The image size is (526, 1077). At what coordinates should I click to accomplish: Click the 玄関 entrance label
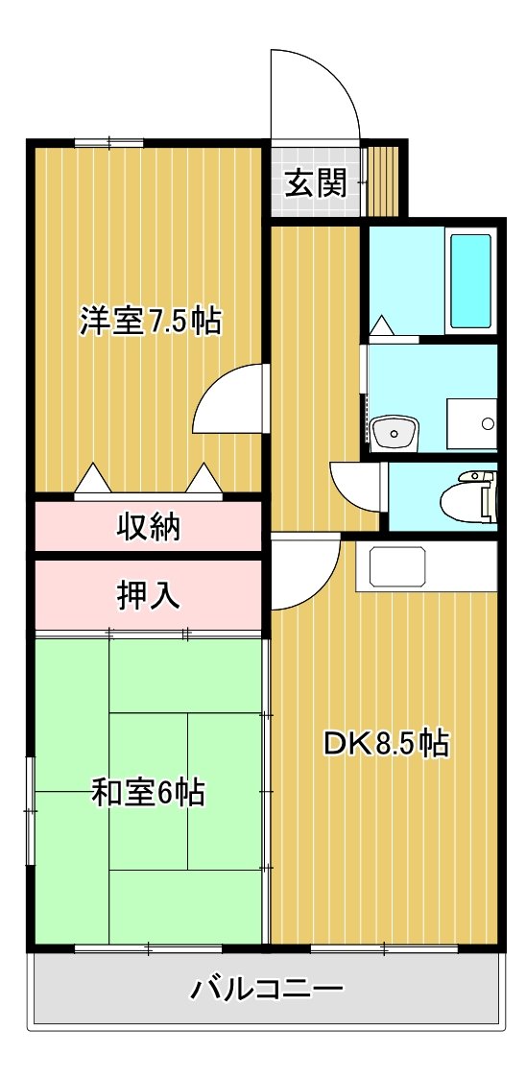pyautogui.click(x=317, y=182)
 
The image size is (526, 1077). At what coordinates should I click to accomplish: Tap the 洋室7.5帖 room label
pyautogui.click(x=151, y=320)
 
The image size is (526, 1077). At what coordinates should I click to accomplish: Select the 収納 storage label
pyautogui.click(x=148, y=527)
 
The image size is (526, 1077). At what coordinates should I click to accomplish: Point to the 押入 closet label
pyautogui.click(x=148, y=595)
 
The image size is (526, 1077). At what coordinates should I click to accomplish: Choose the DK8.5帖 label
pyautogui.click(x=387, y=743)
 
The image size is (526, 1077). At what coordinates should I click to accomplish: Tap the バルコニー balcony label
pyautogui.click(x=267, y=990)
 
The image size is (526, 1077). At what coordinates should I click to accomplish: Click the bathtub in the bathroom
pyautogui.click(x=470, y=280)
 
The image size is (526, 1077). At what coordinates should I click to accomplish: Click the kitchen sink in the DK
pyautogui.click(x=397, y=565)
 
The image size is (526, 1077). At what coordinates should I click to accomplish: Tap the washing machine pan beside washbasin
pyautogui.click(x=471, y=424)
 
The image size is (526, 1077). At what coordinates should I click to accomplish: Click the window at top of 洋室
pyautogui.click(x=109, y=143)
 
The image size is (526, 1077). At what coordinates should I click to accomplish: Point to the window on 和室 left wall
pyautogui.click(x=30, y=810)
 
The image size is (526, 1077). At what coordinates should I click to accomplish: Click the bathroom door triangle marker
pyautogui.click(x=381, y=325)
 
